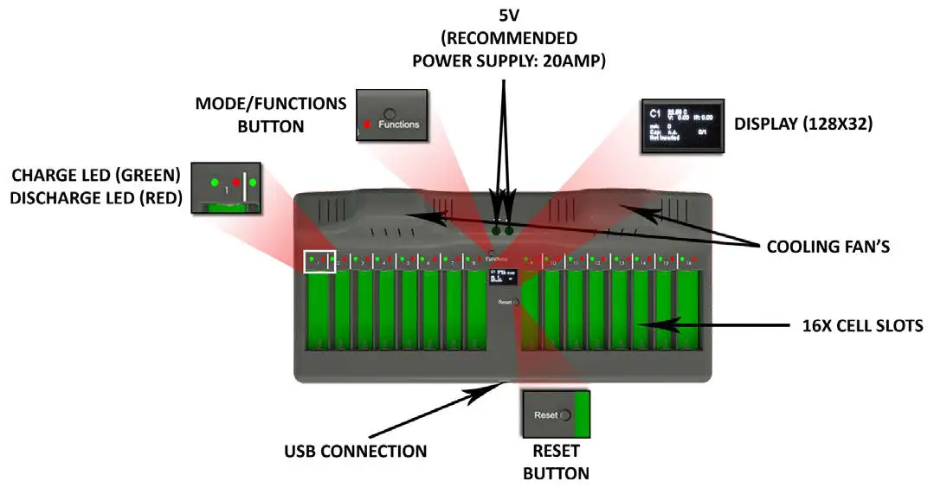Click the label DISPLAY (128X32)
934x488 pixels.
803,125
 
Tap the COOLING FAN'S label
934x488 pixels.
828,247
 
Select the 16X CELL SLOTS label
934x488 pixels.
860,326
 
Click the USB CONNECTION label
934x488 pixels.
355,451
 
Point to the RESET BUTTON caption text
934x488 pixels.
557,462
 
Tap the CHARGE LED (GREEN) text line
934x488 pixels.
96,177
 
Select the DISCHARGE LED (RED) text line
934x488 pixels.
96,198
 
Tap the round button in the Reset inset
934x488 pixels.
565,415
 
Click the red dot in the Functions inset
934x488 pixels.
367,125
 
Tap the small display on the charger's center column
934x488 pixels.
502,276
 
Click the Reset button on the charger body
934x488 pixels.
516,302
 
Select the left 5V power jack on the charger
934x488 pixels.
497,232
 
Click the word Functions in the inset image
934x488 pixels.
398,125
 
